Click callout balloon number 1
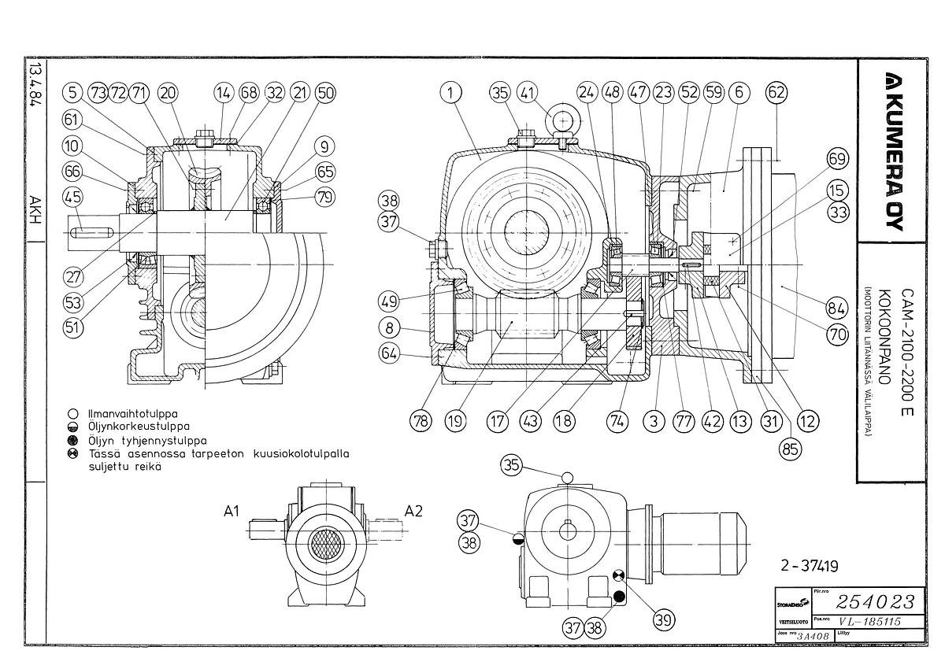pos(450,93)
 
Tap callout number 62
pos(776,93)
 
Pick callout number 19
pos(455,421)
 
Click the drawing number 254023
pos(876,603)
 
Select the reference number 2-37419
pos(809,565)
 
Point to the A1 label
pos(231,512)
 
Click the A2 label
pos(413,512)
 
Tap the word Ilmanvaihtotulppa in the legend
pos(133,413)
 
